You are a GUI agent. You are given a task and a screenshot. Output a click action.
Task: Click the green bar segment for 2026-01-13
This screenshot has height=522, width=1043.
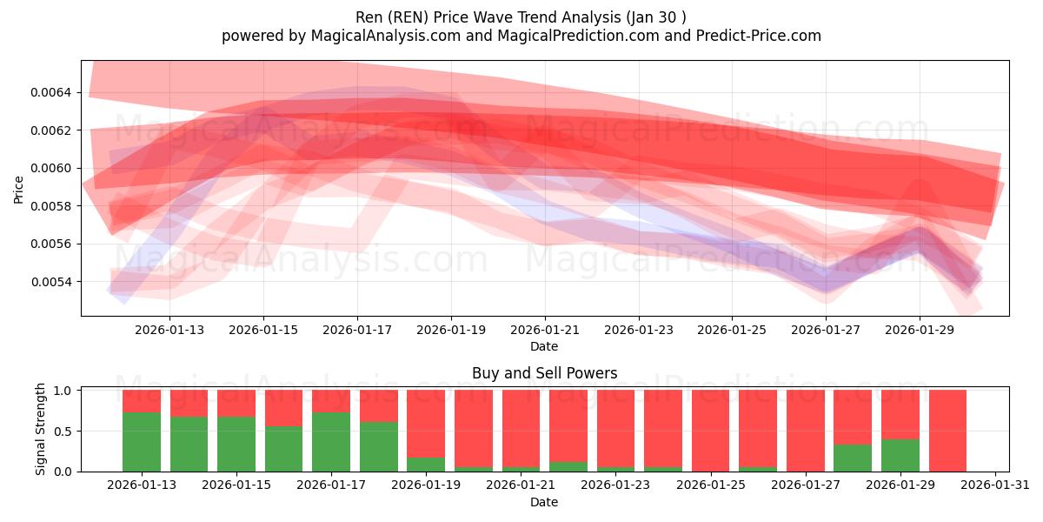point(142,442)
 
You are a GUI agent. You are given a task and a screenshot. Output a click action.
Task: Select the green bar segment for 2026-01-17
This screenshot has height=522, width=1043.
point(331,442)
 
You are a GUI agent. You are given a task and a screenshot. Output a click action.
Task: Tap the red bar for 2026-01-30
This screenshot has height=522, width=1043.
point(947,431)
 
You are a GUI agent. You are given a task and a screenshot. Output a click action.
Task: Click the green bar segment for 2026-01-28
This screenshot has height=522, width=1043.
point(853,458)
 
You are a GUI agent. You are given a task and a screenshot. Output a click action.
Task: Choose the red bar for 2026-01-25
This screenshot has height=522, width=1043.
point(710,431)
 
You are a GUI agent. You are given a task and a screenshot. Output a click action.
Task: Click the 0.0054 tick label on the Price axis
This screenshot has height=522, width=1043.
point(52,282)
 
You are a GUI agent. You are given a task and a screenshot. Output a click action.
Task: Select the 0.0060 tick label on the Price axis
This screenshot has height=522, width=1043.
point(52,168)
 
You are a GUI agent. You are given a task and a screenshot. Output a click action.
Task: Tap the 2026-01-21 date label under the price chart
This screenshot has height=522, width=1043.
point(545,331)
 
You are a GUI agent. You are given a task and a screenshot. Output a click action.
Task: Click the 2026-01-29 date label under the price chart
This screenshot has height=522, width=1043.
point(920,331)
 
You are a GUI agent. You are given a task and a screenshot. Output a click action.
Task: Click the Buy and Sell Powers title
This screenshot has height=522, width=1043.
point(544,373)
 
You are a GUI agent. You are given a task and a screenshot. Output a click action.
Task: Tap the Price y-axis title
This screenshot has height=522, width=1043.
point(18,189)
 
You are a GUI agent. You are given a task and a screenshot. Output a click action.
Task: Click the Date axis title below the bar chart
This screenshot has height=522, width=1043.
point(544,502)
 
